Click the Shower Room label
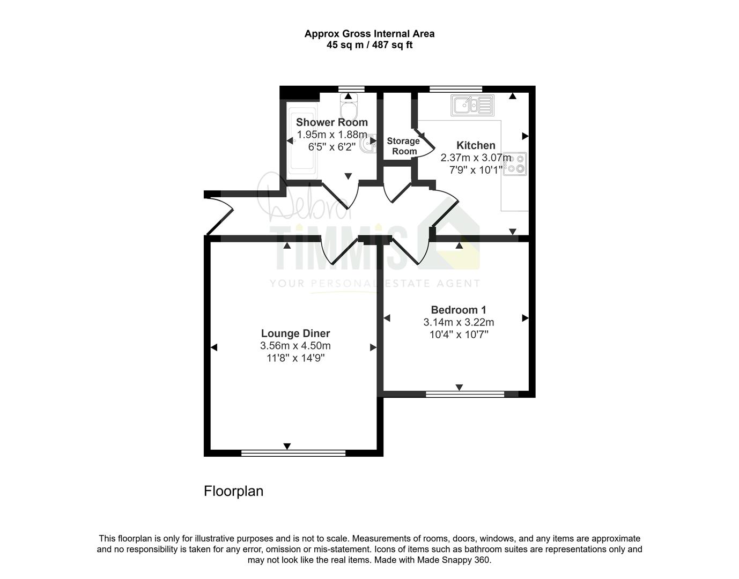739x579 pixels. click(x=331, y=122)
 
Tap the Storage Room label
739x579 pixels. click(x=404, y=146)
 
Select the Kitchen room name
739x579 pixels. click(x=476, y=145)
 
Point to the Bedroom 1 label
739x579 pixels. click(x=459, y=310)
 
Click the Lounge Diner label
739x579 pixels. click(x=295, y=333)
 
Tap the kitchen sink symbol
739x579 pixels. click(x=472, y=105)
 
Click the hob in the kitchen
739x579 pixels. click(x=515, y=164)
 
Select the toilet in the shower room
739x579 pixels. click(x=349, y=106)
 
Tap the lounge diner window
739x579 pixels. click(x=293, y=452)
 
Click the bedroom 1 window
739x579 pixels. click(x=465, y=394)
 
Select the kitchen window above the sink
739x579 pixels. click(x=456, y=89)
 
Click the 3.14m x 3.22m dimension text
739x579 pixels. click(x=459, y=322)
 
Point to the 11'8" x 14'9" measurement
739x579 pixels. click(x=295, y=358)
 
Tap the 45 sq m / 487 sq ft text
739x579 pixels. click(x=369, y=45)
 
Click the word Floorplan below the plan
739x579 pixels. click(x=234, y=491)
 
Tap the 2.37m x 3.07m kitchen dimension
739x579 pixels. click(x=476, y=158)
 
